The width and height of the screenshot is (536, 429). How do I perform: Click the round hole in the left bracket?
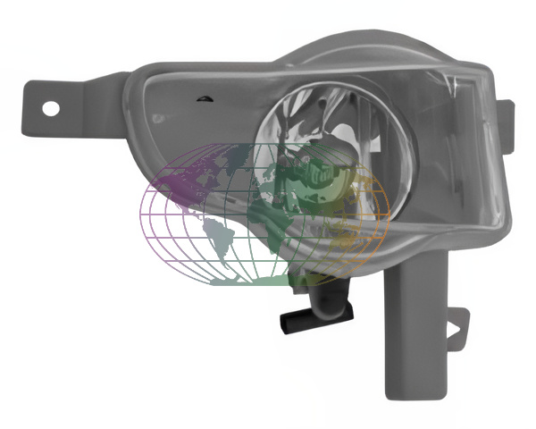click(x=51, y=108)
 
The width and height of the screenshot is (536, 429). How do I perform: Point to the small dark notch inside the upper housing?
click(x=205, y=97)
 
